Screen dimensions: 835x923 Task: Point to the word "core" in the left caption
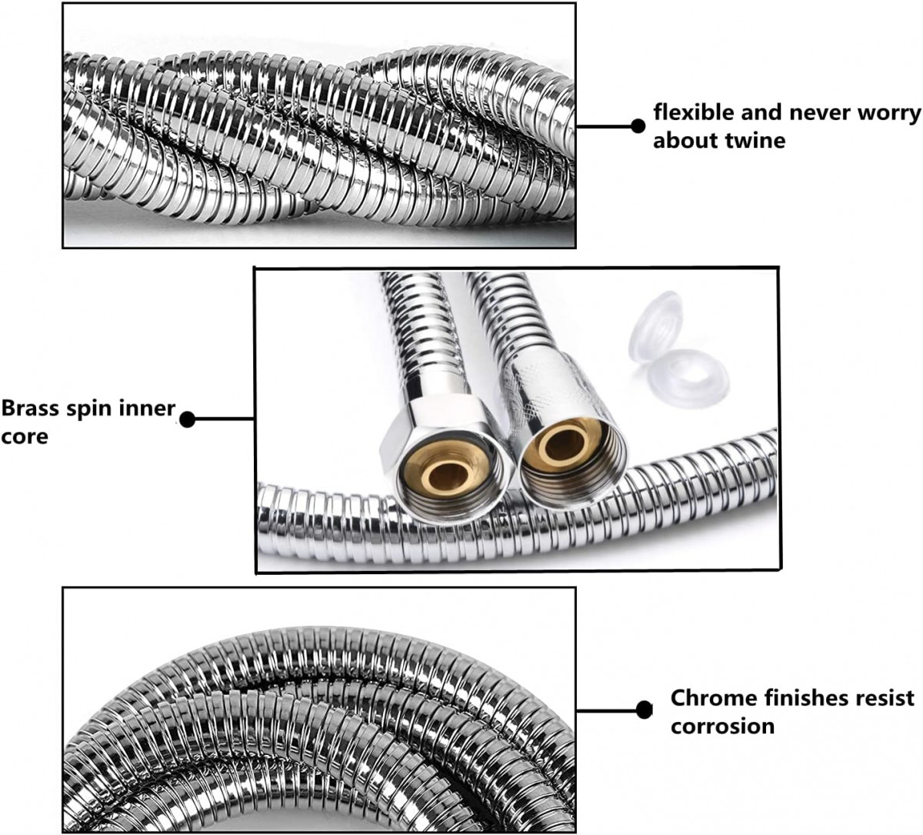coord(25,437)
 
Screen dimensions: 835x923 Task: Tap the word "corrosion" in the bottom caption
coord(722,726)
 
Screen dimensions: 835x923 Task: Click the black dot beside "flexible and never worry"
coord(637,125)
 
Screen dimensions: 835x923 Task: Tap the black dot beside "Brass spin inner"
coord(187,419)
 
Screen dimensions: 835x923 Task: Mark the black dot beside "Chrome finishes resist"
coord(645,710)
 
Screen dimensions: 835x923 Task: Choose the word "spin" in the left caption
coord(87,409)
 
